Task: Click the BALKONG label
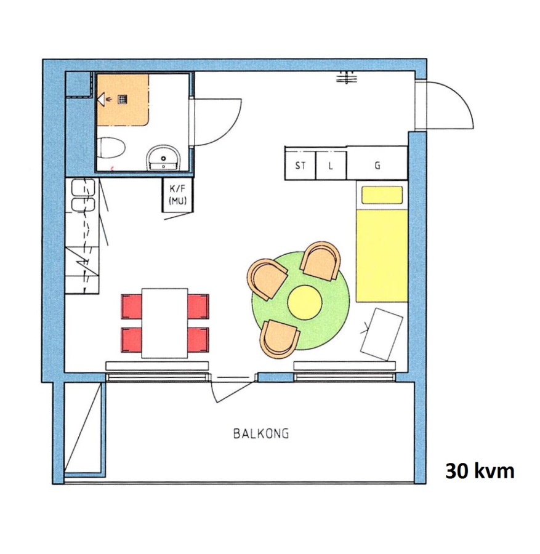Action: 261,433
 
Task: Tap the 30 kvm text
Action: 480,471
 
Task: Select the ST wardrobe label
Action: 300,166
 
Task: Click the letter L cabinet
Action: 331,166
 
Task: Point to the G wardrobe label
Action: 377,166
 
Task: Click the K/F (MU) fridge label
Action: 178,195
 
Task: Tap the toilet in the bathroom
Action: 111,148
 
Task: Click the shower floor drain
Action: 123,99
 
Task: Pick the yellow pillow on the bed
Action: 382,195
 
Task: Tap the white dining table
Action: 164,323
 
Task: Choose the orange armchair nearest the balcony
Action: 279,339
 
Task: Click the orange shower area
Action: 123,100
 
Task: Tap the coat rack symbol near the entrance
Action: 346,78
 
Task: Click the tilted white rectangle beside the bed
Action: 382,334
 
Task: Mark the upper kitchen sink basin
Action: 83,187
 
